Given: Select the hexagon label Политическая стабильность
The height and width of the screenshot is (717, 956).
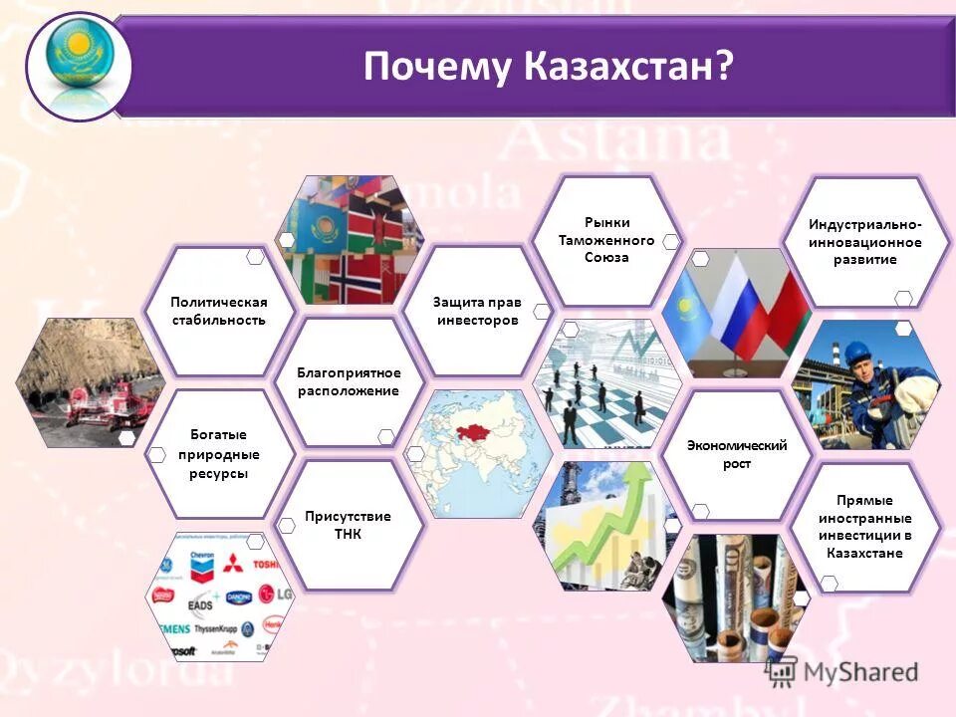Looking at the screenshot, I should point(218,311).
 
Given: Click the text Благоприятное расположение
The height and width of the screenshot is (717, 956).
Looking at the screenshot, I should point(349,381).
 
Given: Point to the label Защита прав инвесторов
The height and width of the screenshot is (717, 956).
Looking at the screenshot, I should point(475,311).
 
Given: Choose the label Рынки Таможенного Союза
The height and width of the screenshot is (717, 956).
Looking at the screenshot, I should point(605,240).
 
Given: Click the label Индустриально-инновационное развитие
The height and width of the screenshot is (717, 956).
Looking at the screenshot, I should point(864,242).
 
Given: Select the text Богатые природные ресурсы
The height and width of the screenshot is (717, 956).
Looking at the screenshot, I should point(218,454).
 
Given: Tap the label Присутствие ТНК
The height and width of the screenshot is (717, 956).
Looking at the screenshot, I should point(348,525).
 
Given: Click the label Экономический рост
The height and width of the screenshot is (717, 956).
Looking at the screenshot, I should point(736,454).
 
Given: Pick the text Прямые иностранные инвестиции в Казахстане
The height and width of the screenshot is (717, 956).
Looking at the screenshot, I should point(864,526).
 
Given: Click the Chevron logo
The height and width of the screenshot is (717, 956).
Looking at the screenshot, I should point(202,567).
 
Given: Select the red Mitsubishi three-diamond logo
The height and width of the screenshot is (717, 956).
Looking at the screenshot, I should point(233,564).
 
